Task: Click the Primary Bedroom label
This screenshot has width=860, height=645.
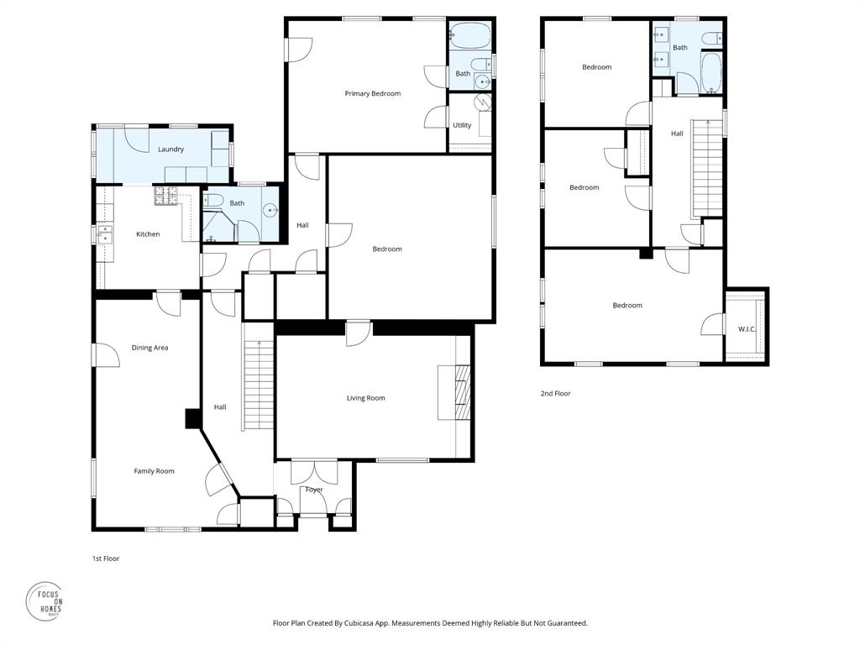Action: tap(372, 93)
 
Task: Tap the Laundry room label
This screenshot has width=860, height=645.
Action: tap(170, 149)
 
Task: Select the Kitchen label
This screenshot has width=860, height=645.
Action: tap(148, 234)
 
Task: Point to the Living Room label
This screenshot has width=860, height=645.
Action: tap(365, 398)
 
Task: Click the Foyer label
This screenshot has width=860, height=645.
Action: tap(314, 490)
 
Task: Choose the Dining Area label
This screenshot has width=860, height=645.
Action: tap(149, 348)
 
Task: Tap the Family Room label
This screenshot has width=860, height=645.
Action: tap(155, 471)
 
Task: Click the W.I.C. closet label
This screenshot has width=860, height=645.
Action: tap(747, 329)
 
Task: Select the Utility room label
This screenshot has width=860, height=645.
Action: tap(462, 125)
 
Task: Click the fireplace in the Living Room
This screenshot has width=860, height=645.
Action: tap(458, 393)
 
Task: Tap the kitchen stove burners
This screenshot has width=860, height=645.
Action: tap(162, 197)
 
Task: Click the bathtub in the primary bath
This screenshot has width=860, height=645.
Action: tap(469, 34)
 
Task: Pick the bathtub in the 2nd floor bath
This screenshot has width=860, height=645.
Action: tap(711, 73)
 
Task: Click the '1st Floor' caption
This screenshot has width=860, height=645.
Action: tap(106, 558)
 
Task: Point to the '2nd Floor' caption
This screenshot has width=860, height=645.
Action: tap(555, 393)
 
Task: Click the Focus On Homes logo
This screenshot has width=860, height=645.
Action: tap(45, 600)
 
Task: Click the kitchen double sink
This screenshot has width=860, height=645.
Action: tap(105, 233)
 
